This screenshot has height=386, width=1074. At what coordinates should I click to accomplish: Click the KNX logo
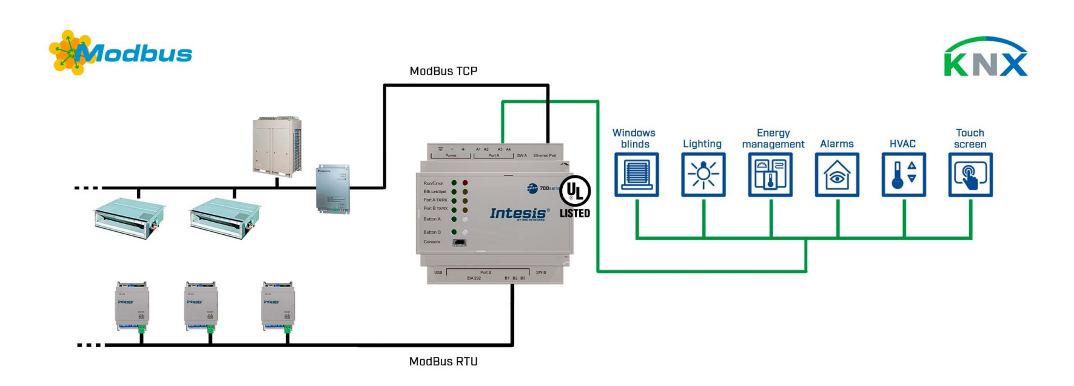985,58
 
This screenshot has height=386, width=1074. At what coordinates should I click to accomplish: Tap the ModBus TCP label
443,71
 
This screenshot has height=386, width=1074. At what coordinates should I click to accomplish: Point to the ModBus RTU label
443,361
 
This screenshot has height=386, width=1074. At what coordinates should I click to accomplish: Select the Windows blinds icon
636,175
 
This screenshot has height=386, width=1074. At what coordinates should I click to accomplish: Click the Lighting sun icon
703,175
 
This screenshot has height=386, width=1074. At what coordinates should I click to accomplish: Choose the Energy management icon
770,175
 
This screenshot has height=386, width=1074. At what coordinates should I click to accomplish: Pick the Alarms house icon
837,175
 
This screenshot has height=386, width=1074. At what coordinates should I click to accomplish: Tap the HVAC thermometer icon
904,175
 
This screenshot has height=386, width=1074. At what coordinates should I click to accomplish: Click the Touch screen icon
970,175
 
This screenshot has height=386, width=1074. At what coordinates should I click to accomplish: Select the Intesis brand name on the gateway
518,213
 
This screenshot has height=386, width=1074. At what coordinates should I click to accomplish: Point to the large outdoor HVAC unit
277,146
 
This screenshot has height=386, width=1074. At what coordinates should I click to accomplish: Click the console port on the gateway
459,243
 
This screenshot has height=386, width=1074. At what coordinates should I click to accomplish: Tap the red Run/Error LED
465,183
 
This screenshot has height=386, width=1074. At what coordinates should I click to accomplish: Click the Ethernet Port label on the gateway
545,155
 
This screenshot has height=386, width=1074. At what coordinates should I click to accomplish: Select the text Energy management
773,138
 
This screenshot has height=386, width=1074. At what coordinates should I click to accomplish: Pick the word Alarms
837,144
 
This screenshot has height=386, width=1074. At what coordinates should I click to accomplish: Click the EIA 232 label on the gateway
474,278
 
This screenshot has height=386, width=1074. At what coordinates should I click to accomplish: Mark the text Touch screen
970,138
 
